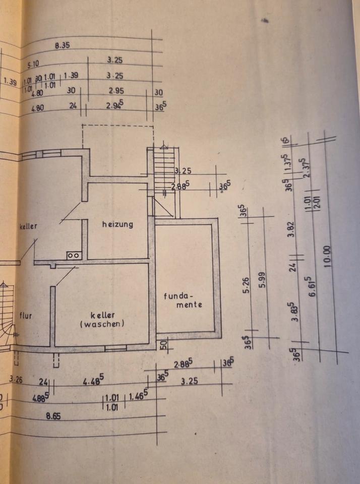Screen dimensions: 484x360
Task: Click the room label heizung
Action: point(117,224)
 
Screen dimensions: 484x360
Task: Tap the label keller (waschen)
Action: point(102,320)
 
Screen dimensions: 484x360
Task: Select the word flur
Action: point(25,316)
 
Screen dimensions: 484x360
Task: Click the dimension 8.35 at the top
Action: point(62,45)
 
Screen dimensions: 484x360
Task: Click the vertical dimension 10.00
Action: point(328,256)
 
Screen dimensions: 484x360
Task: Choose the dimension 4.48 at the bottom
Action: point(93,382)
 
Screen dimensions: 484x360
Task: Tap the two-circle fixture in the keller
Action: point(74,256)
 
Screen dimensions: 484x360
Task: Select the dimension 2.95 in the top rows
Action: point(115,91)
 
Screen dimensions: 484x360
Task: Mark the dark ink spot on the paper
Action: point(264,21)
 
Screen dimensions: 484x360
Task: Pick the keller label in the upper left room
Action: point(29,226)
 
